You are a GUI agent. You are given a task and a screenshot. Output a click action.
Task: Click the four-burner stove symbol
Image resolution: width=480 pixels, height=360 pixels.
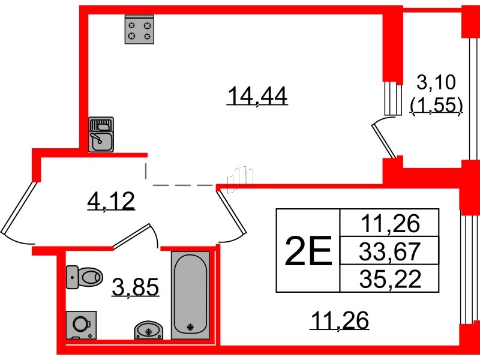pyautogui.click(x=139, y=29)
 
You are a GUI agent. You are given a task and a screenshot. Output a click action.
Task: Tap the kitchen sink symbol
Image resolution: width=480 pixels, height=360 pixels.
pyautogui.click(x=101, y=134)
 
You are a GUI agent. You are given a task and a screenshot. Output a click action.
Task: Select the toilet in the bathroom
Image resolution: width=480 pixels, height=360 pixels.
pyautogui.click(x=84, y=277)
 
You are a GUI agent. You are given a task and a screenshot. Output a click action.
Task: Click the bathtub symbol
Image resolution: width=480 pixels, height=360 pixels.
pyautogui.click(x=190, y=295)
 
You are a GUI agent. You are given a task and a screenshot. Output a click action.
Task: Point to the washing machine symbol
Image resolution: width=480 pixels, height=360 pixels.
pyautogui.click(x=82, y=325)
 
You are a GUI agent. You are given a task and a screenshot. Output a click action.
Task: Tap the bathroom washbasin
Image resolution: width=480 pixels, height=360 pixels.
pyautogui.click(x=149, y=330)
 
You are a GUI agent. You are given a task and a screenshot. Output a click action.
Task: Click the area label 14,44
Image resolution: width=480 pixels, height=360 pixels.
pyautogui.click(x=257, y=95)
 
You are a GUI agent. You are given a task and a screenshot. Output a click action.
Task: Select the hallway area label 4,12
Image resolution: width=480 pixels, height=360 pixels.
pyautogui.click(x=111, y=201)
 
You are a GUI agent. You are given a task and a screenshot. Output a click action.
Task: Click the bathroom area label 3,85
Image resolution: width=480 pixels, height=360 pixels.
pyautogui.click(x=136, y=287)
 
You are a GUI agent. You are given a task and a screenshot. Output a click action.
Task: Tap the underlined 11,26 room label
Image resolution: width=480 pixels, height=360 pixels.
pyautogui.click(x=340, y=320)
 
